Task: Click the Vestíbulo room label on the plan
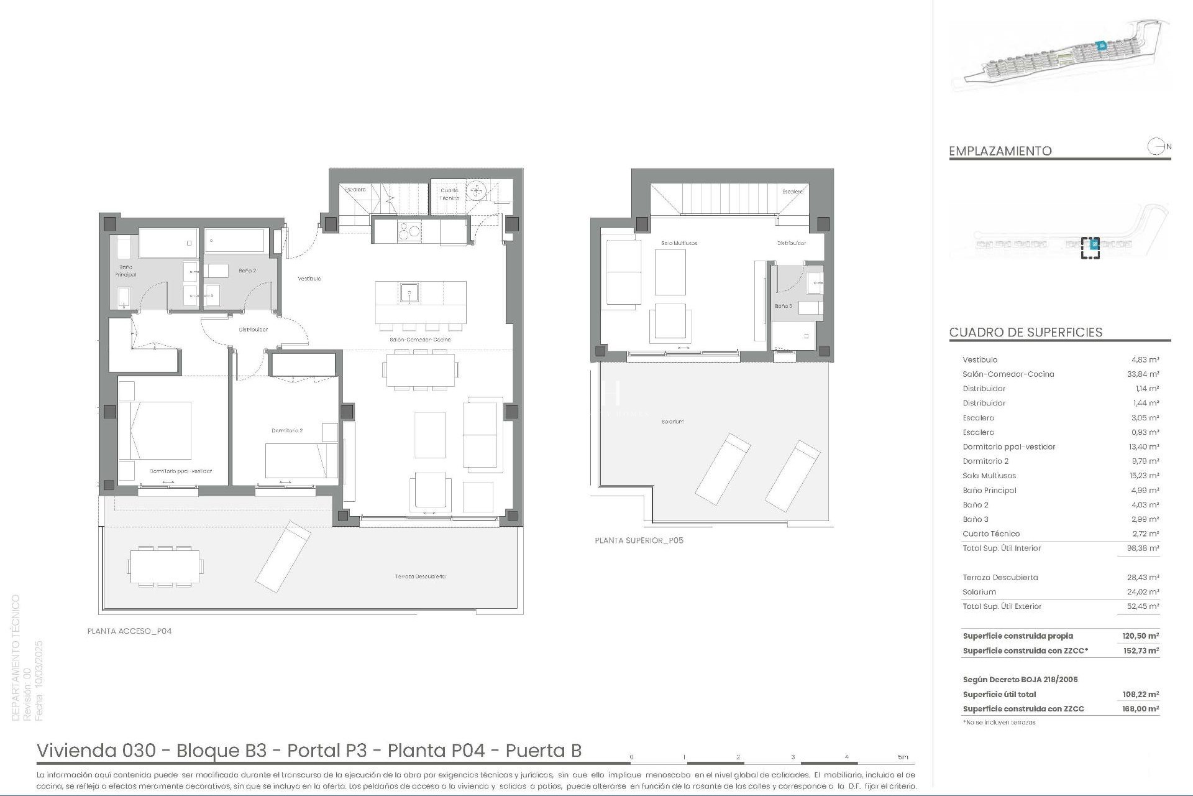point(309,279)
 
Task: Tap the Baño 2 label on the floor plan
point(247,271)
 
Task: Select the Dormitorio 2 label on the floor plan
point(287,430)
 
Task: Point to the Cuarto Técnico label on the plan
point(449,194)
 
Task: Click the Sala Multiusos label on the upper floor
point(679,243)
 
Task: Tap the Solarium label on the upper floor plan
point(672,422)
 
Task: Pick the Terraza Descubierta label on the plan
point(420,576)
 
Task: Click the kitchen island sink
point(409,292)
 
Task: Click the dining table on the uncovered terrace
point(165,567)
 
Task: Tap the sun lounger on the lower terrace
point(283,557)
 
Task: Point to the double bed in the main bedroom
point(155,430)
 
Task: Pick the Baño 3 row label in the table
point(976,519)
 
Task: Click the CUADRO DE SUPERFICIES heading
point(1026,332)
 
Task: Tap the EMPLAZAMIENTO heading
point(1000,151)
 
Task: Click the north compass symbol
point(1156,147)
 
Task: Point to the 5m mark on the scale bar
point(902,757)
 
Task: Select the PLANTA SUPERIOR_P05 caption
point(639,540)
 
